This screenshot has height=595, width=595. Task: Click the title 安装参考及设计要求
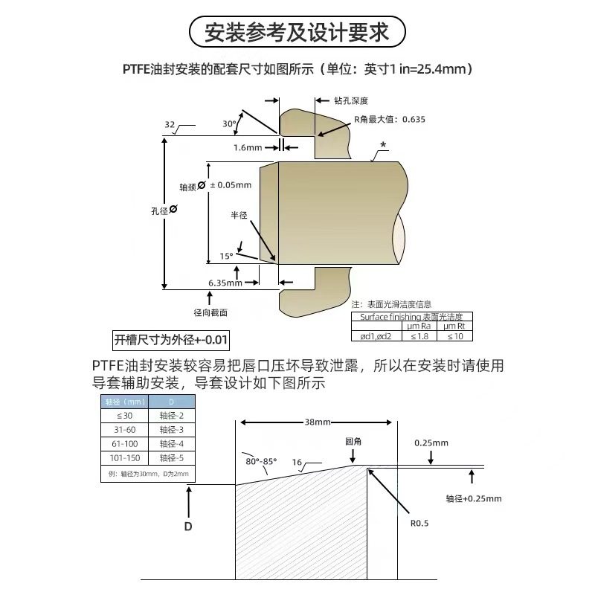pos(297,33)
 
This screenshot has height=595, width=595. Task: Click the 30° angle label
pos(229,123)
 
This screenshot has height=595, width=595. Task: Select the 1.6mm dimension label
pos(248,147)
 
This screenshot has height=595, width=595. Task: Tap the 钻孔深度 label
pos(352,100)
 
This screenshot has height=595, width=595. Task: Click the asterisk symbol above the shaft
pos(382,145)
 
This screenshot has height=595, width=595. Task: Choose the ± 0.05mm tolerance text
pos(231,184)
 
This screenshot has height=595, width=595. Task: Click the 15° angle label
pos(226,257)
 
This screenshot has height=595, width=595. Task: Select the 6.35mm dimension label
pos(225,283)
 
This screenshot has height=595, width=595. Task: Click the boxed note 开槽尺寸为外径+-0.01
pos(170,341)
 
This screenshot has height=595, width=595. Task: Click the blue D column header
pos(171,402)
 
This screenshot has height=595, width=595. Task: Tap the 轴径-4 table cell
pos(171,444)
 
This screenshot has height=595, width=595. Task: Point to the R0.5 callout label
pos(421,522)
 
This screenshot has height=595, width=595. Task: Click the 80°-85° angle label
pos(260,460)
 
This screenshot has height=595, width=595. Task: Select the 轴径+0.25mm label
pos(474,498)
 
